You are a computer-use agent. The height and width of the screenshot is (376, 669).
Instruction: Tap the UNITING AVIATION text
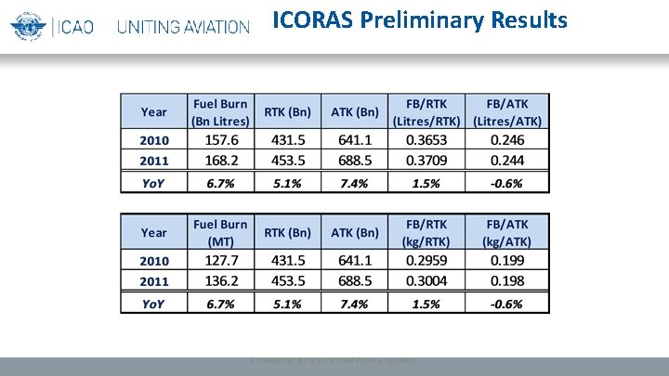183,27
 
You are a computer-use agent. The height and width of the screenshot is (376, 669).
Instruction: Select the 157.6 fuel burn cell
220,139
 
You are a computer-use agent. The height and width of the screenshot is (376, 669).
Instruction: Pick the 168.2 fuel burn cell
220,160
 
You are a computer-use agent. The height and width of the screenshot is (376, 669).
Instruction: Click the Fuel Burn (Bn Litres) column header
220,111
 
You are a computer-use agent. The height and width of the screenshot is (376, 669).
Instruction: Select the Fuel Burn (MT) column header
220,232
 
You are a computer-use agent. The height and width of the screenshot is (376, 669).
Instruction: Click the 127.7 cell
220,260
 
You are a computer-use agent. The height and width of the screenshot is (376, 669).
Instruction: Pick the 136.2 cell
220,280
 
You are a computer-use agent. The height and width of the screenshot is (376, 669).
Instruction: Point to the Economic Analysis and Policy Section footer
334,360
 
